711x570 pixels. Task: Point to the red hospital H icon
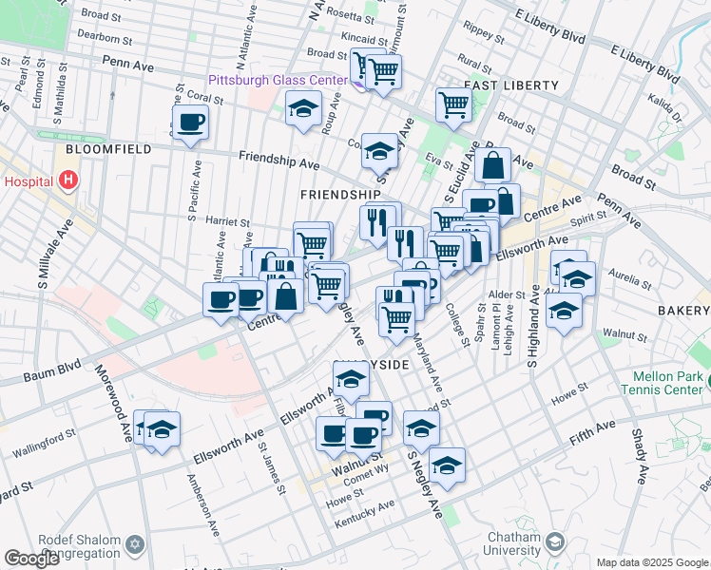coord(67,180)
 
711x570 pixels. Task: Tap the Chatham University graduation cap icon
coord(554,542)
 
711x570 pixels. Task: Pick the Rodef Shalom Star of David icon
coord(135,543)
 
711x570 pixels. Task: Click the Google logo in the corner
coord(32,559)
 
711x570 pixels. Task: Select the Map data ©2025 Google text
coord(651,562)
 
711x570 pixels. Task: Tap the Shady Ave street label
coord(641,456)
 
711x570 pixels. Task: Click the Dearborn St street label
coord(106,39)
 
